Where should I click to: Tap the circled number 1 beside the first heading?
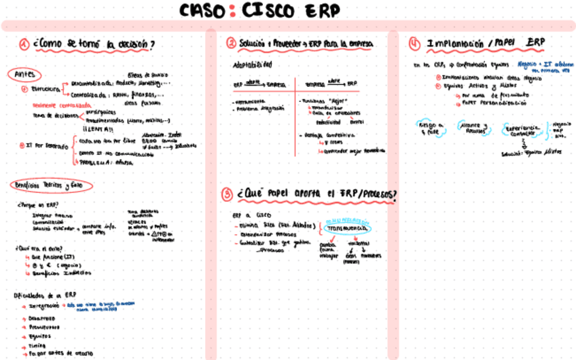(24, 45)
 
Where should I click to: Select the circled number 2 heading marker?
(232, 43)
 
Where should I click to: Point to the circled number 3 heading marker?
(228, 194)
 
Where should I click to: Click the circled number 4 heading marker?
(414, 43)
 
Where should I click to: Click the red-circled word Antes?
(24, 74)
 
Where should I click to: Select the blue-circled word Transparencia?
(347, 230)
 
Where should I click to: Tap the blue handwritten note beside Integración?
(94, 308)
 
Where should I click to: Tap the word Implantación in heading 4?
(454, 43)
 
